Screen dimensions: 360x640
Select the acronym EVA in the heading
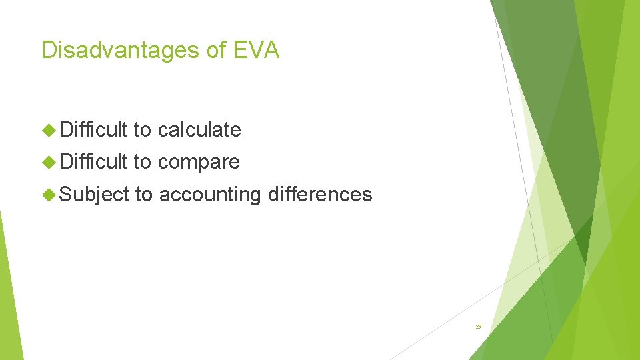pos(257,50)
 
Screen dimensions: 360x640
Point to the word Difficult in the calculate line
pos(94,129)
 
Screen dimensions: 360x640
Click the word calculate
pos(199,129)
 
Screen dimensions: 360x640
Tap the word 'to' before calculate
pos(143,129)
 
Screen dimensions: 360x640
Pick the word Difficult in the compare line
pos(94,162)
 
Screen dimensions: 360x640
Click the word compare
pos(199,162)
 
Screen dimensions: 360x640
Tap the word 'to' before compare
pos(143,162)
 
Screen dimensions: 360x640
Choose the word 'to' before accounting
pos(144,195)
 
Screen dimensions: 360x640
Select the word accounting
pos(210,195)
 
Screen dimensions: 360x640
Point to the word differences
pos(320,195)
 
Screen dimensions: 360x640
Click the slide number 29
pos(479,327)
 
